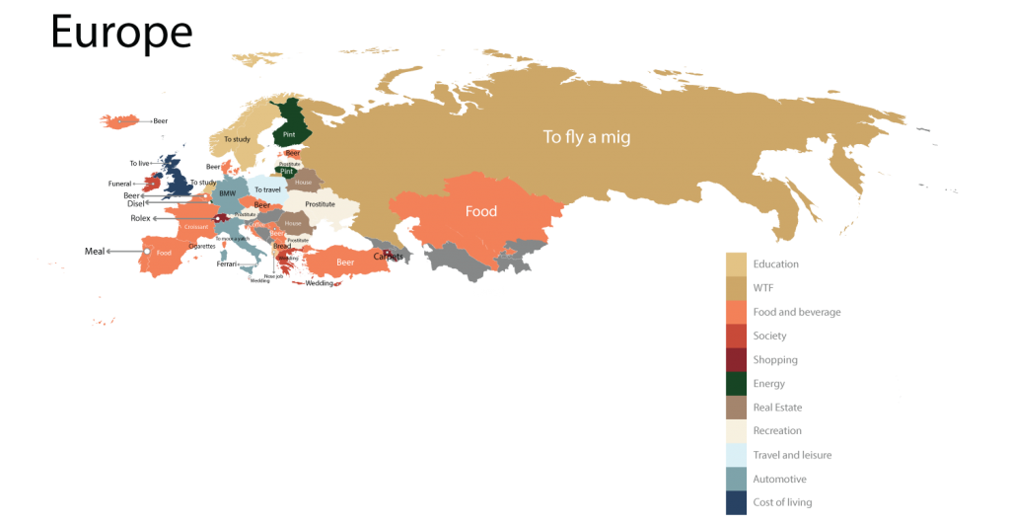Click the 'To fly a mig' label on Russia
[x=586, y=137]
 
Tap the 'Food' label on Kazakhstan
[x=481, y=211]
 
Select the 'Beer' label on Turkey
[x=345, y=263]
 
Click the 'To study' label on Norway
[x=237, y=139]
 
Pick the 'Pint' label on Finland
[x=289, y=134]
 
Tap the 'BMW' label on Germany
[x=228, y=193]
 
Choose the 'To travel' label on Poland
[x=267, y=188]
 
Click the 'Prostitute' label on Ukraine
[x=320, y=204]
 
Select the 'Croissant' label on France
[x=196, y=227]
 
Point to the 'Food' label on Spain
[x=164, y=253]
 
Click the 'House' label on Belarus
[x=304, y=183]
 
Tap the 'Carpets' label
[x=387, y=257]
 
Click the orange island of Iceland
[x=119, y=121]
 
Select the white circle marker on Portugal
[x=147, y=252]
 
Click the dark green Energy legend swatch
[x=736, y=384]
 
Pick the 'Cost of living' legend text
[x=783, y=502]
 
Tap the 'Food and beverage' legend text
[x=796, y=312]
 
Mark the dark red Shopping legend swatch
[x=736, y=360]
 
